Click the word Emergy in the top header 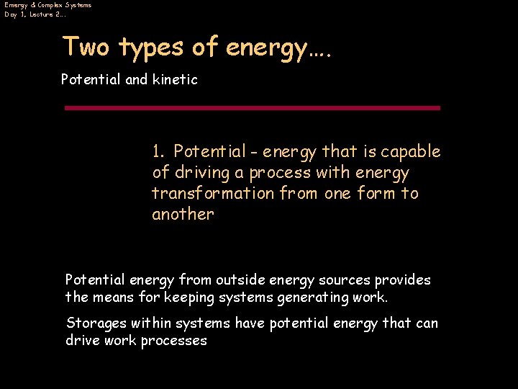click(15, 5)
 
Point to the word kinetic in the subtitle click(175, 79)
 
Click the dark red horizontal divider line click(252, 108)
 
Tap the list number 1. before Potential click(159, 152)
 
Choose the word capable click(411, 152)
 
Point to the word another click(183, 215)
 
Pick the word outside click(240, 280)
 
